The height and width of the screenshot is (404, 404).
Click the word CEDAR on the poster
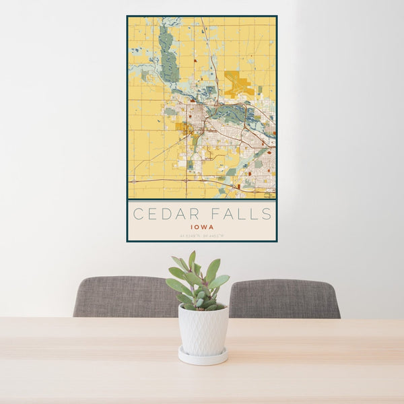pos(162,215)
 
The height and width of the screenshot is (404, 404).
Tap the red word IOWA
pos(202,228)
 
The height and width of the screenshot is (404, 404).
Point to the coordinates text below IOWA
pos(202,236)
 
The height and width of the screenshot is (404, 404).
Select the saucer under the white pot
pos(203,356)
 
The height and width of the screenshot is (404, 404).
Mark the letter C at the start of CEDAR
pos(137,215)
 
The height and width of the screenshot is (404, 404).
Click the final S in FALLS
pos(267,215)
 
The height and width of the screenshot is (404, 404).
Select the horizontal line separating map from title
pos(202,200)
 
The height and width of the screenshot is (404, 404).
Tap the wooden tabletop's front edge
pos(202,400)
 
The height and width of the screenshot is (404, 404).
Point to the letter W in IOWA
pos(205,228)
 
